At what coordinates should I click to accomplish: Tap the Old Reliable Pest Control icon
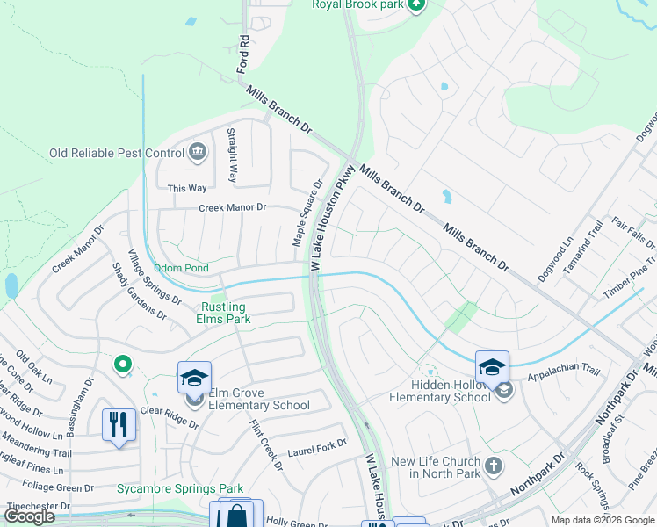click(198, 153)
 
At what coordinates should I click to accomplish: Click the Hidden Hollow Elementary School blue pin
click(492, 367)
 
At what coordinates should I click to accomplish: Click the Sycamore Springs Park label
click(180, 487)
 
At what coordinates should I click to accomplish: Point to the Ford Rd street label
click(244, 54)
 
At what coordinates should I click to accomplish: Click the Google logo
click(29, 516)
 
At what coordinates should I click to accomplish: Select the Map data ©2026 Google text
click(603, 520)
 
